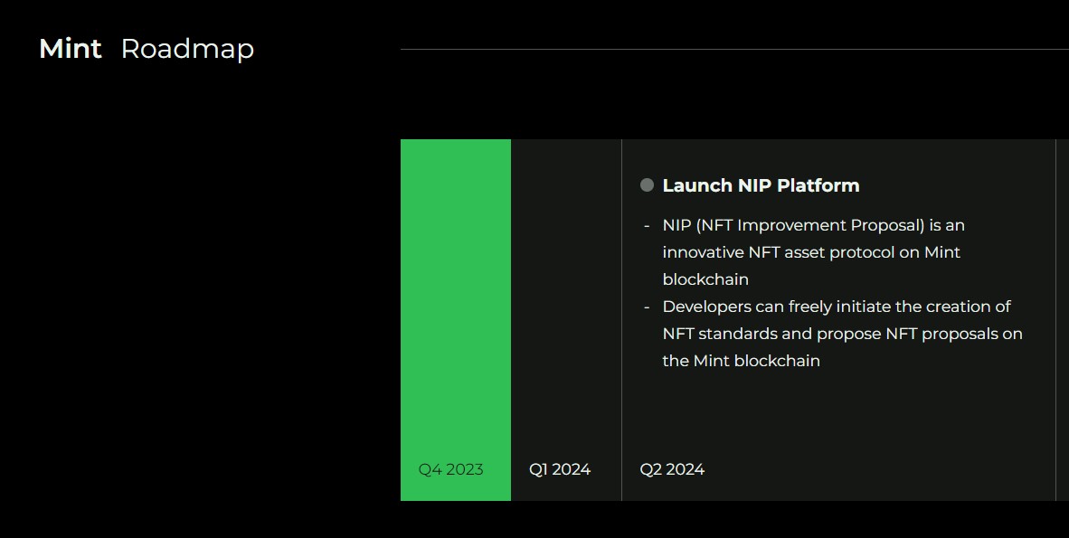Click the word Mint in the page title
71,49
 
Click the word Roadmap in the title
187,49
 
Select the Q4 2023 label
450,469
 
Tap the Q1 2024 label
560,469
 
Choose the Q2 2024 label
672,469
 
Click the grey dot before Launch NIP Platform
647,184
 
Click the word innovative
703,252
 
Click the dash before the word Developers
647,307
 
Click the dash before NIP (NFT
647,226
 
